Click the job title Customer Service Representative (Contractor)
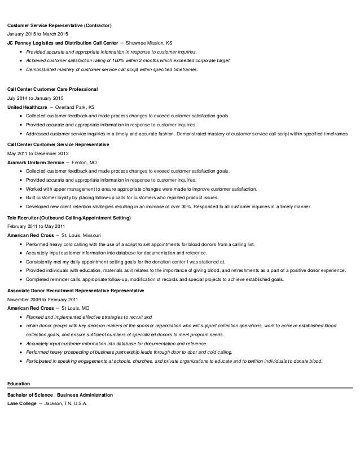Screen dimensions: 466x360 [60, 26]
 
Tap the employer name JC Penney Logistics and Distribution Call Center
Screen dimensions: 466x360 [63, 42]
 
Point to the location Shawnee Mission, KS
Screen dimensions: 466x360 [149, 42]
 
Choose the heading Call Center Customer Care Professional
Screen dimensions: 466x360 [52, 90]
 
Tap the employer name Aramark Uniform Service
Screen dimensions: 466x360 [36, 162]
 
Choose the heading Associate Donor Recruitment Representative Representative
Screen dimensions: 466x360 [76, 290]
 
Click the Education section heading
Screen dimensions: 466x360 [19, 384]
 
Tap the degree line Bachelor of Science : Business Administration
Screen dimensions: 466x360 [60, 395]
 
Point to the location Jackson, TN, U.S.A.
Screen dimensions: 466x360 [67, 403]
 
